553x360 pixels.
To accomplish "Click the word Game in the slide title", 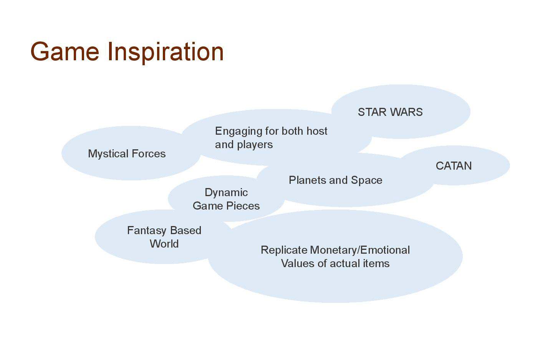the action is (65, 51).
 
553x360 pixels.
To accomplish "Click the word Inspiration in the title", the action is (166, 53).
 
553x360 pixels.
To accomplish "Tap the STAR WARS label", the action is (390, 112).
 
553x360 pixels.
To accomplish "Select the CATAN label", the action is (454, 166).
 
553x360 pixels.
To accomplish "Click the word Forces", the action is (149, 154).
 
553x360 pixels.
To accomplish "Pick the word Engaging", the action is (238, 132).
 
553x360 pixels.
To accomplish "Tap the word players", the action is (255, 145).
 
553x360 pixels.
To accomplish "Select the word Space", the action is (367, 180).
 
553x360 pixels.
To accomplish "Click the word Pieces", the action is (243, 206).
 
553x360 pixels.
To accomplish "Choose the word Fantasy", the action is (147, 231).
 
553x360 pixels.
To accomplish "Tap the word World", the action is (164, 244).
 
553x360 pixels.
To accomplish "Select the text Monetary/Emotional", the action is (360, 251).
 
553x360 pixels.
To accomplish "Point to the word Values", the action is (298, 264).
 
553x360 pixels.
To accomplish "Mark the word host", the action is (317, 131).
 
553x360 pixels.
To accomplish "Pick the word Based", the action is (185, 230).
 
